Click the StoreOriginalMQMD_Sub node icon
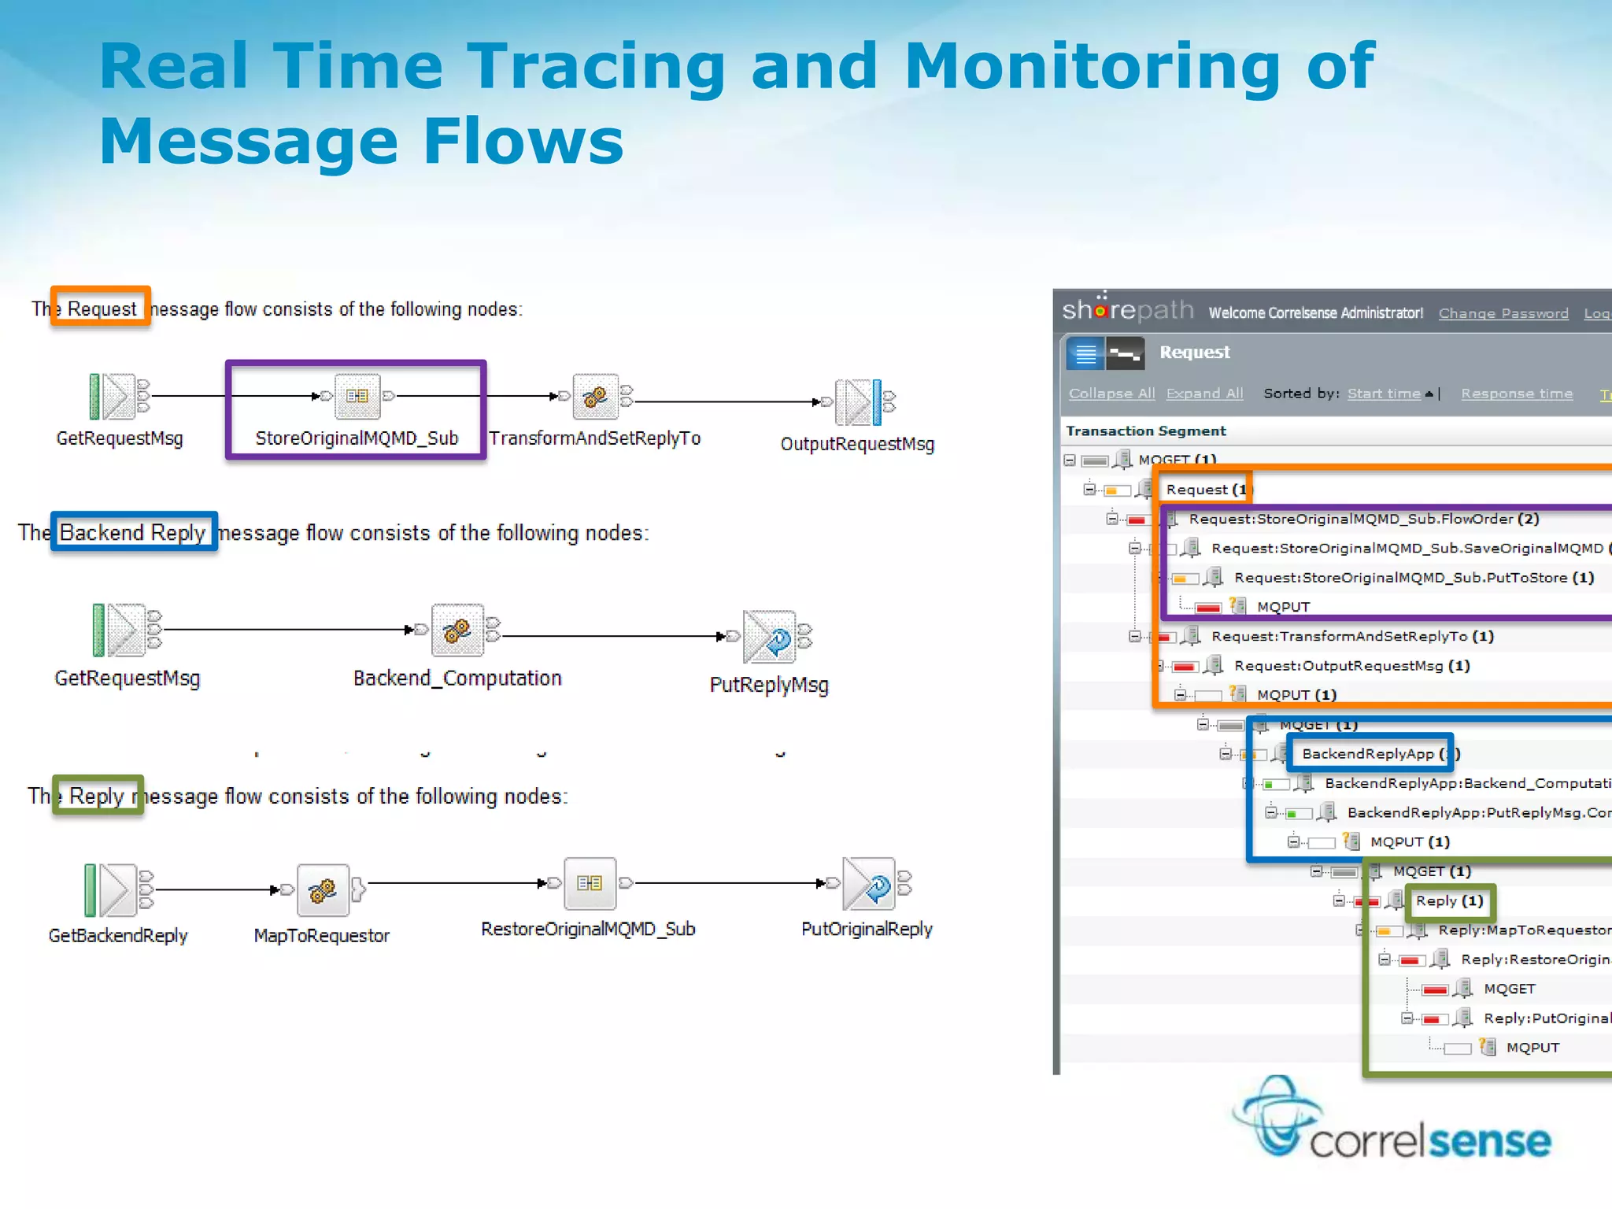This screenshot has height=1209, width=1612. [x=357, y=396]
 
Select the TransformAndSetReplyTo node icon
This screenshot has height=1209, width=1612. [x=595, y=396]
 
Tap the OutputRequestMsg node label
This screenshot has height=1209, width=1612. [x=857, y=444]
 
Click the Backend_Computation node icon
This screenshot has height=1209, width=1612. [x=457, y=630]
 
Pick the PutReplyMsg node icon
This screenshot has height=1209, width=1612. [x=770, y=636]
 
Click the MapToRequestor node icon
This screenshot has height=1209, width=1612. [x=323, y=889]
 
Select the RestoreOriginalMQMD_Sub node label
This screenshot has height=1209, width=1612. [x=588, y=929]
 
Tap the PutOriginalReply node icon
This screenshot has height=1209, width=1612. [x=869, y=884]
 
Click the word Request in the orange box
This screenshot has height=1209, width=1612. [x=102, y=309]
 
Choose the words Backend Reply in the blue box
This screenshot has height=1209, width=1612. [x=132, y=533]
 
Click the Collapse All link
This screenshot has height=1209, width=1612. [x=1111, y=394]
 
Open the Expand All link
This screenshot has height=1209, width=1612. [x=1204, y=394]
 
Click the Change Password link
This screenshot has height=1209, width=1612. [x=1503, y=313]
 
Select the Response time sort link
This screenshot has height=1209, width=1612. [x=1517, y=394]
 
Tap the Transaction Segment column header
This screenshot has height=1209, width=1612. [x=1145, y=431]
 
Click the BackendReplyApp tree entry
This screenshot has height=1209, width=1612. [x=1368, y=754]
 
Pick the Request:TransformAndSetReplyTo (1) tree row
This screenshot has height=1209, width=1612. [x=1351, y=636]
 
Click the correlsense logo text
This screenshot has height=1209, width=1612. [x=1429, y=1141]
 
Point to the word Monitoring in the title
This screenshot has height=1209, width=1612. [x=1092, y=66]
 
